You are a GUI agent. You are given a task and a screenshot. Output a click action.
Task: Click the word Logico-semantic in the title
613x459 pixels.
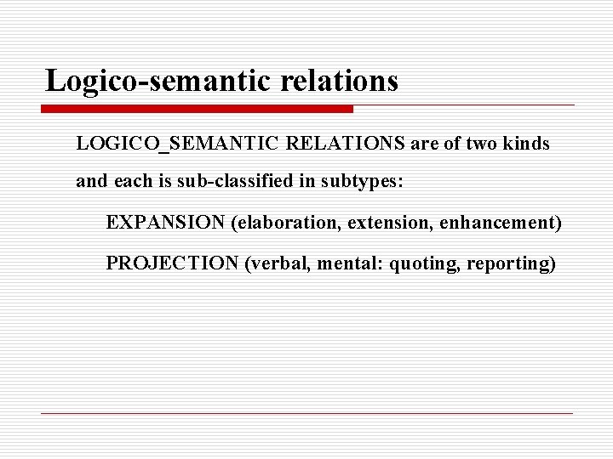pyautogui.click(x=152, y=82)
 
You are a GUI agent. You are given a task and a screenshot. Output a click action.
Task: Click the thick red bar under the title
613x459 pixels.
pyautogui.click(x=198, y=110)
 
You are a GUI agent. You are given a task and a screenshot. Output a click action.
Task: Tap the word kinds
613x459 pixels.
pyautogui.click(x=528, y=144)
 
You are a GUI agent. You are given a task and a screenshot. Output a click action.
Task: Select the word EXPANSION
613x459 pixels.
pyautogui.click(x=166, y=223)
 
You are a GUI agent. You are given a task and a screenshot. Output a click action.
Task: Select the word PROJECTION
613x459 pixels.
pyautogui.click(x=172, y=263)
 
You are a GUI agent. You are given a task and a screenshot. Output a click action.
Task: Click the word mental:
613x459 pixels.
pyautogui.click(x=352, y=263)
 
